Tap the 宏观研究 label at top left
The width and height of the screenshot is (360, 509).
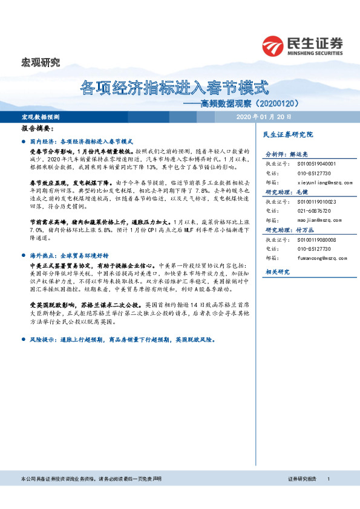[x=41, y=62]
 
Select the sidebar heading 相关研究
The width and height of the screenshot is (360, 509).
[x=278, y=272]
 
